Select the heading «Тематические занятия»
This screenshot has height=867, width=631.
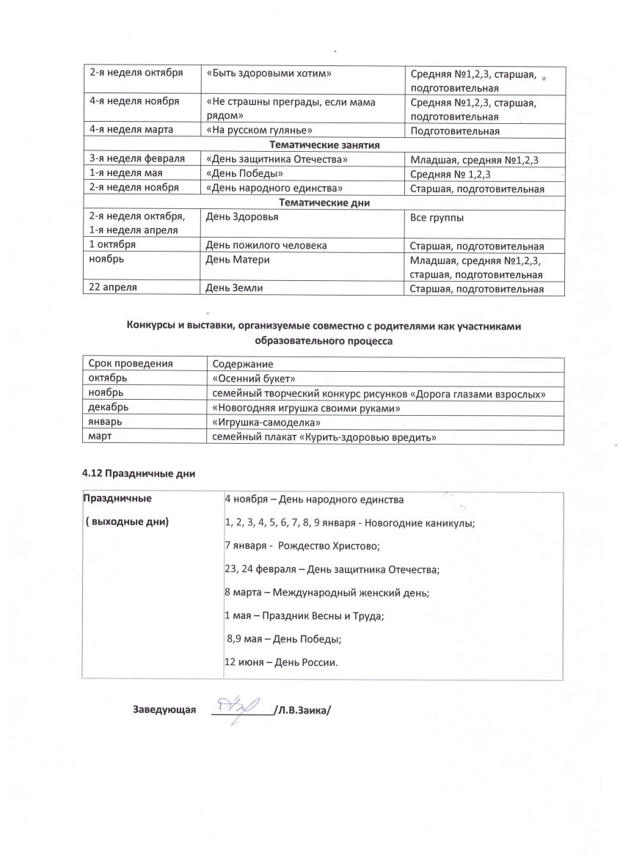[324, 144]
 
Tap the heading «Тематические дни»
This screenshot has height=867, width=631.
[324, 202]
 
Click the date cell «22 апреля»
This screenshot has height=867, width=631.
[113, 288]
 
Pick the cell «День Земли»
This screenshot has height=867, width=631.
[233, 288]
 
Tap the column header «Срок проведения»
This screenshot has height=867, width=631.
[131, 364]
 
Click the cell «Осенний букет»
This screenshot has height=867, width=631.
[253, 378]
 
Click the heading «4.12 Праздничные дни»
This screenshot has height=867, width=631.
[139, 473]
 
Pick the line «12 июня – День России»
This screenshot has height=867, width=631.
[281, 662]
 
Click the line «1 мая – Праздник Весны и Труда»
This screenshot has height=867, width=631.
[304, 616]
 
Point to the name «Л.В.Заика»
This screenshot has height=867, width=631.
[302, 710]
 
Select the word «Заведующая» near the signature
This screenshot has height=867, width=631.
[164, 710]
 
